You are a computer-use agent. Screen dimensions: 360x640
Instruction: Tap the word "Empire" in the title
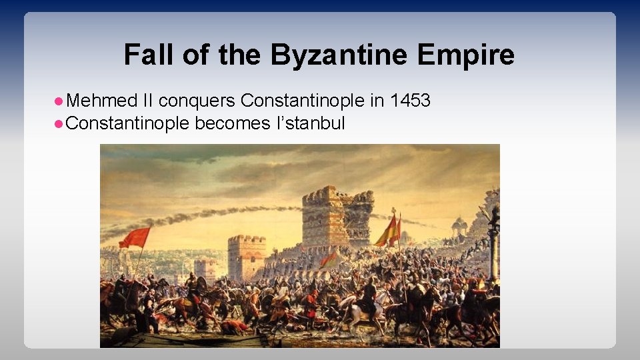pyautogui.click(x=466, y=55)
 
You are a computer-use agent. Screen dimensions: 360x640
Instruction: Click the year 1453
pyautogui.click(x=410, y=101)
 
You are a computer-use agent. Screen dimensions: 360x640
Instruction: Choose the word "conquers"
pyautogui.click(x=197, y=101)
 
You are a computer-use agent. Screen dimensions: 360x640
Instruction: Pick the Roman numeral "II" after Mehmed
pyautogui.click(x=147, y=101)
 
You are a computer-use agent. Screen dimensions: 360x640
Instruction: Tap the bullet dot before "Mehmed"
pyautogui.click(x=59, y=101)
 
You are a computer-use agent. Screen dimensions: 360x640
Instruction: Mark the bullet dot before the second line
pyautogui.click(x=59, y=123)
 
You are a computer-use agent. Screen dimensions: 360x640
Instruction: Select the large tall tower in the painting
pyautogui.click(x=337, y=217)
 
